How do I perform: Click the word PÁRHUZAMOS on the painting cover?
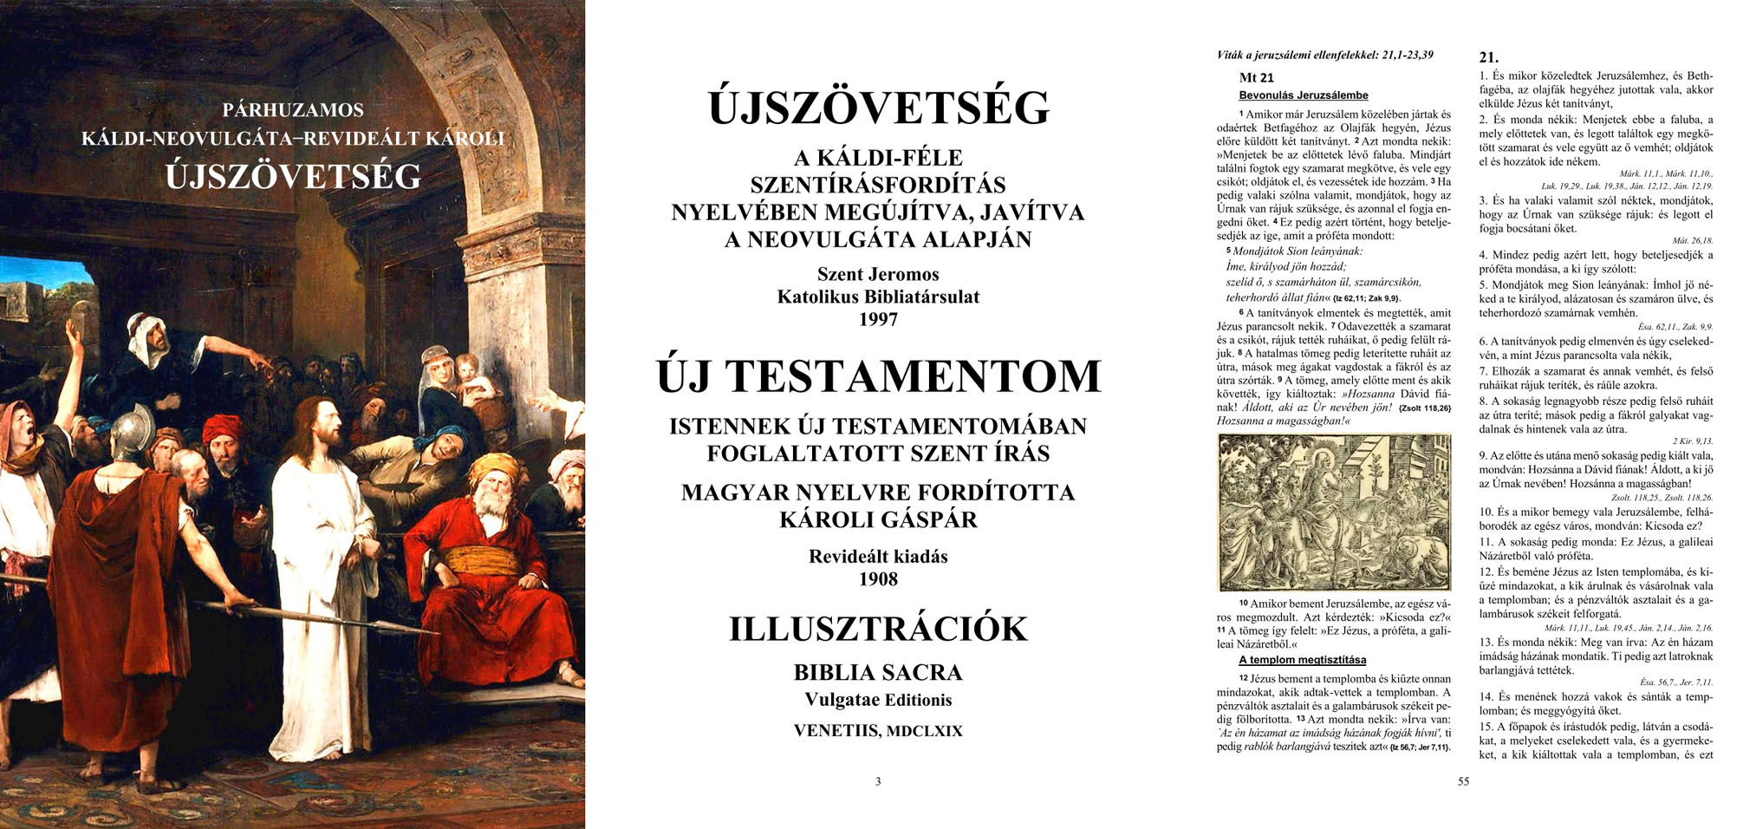[293, 110]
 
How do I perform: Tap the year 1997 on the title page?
[877, 319]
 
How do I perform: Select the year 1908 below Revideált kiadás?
[877, 579]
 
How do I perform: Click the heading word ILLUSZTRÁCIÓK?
[877, 629]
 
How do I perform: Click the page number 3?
[877, 781]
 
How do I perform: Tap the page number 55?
[1463, 781]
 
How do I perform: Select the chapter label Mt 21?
[1256, 78]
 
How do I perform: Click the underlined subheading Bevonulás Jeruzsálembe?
[1303, 95]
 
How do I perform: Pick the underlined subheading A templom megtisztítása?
[1302, 660]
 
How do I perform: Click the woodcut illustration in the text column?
[1333, 512]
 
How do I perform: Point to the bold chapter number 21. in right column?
[1488, 57]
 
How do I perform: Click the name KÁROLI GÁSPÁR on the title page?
[877, 519]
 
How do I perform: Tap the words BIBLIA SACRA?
[877, 672]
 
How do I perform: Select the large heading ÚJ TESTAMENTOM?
[877, 376]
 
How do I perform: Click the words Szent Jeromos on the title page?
[877, 274]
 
